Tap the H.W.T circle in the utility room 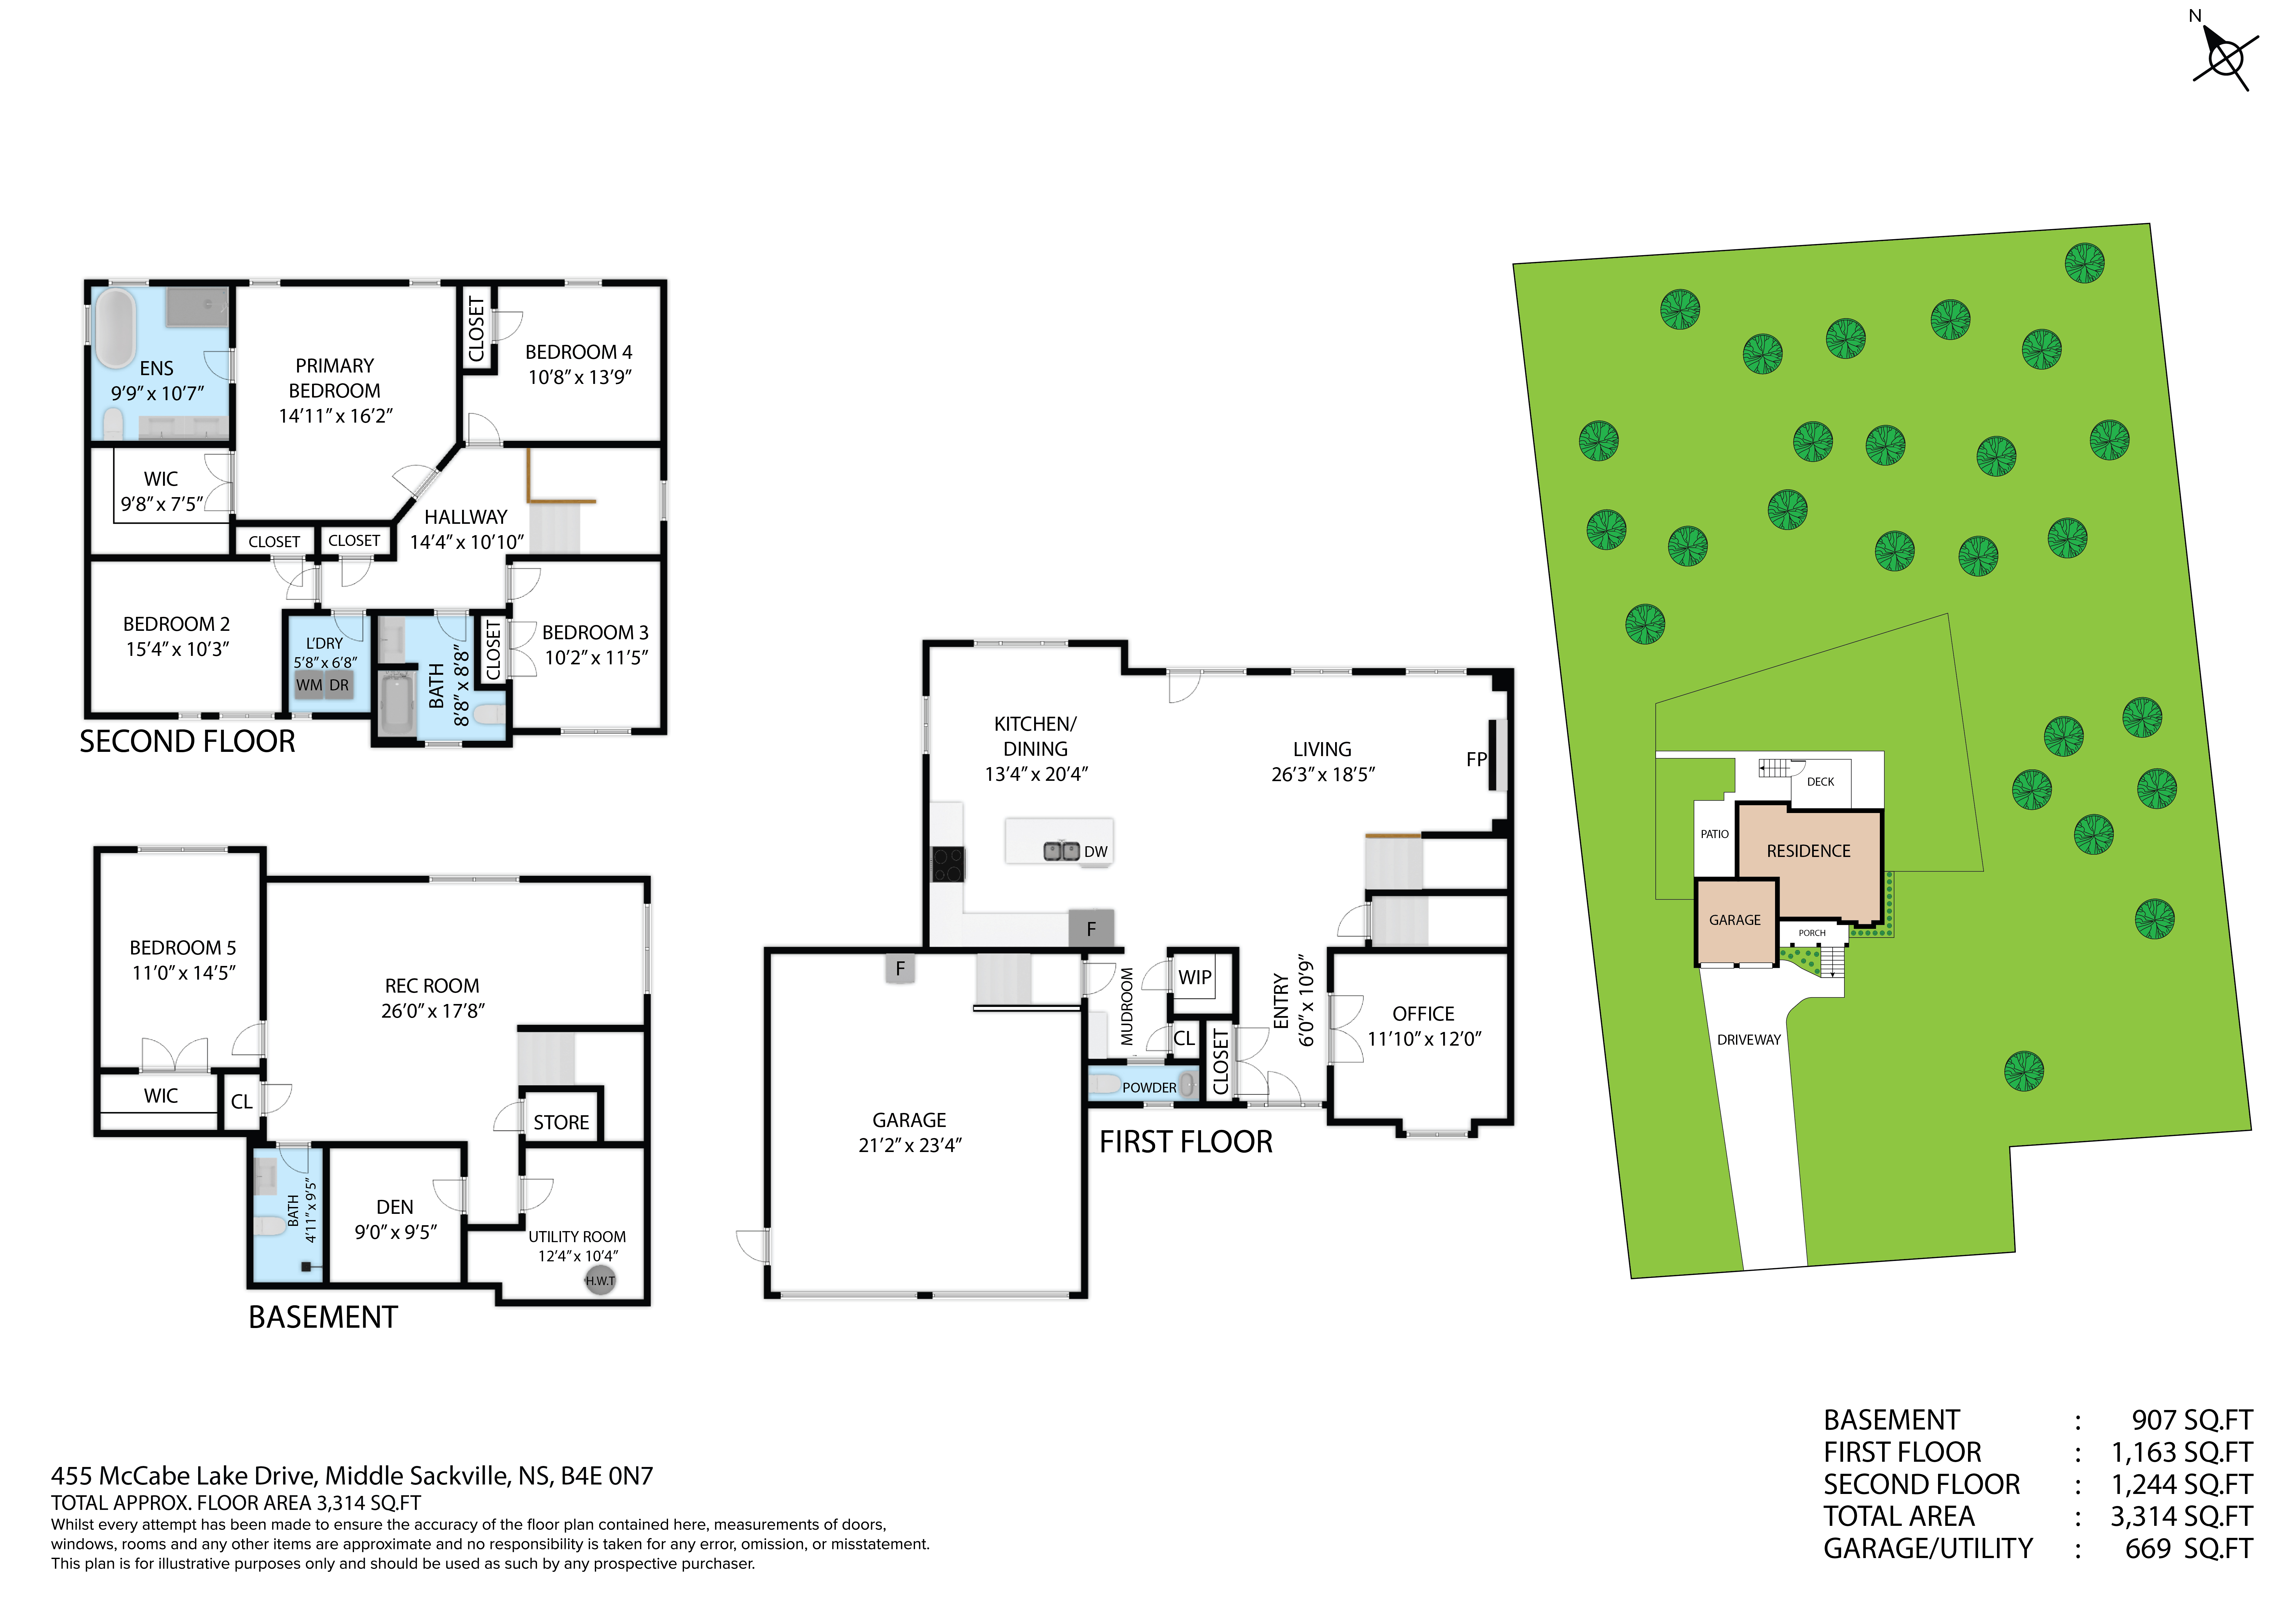click(600, 1280)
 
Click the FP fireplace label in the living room click(1476, 760)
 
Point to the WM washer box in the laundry click(309, 685)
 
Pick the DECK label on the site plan click(1821, 782)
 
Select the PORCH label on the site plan click(1812, 933)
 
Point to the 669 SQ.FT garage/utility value click(2188, 1548)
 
